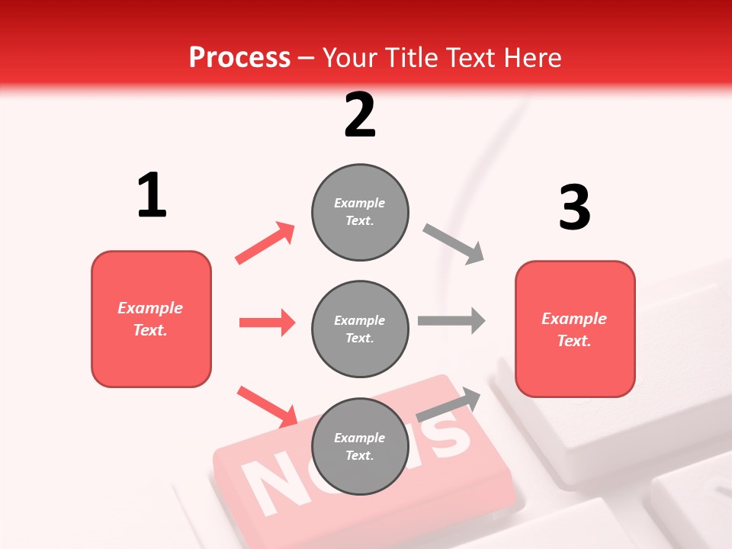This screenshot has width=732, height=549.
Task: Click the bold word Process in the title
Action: pos(239,57)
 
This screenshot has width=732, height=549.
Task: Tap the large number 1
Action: pos(152,195)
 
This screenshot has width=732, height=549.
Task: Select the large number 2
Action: pos(360,115)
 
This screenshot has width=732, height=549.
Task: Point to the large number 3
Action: pos(575,208)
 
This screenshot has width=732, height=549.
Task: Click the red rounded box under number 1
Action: pos(151,319)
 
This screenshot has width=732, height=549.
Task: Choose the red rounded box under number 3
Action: pos(575,329)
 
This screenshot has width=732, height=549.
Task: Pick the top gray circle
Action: pos(360,212)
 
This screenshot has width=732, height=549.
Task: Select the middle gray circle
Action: pos(360,329)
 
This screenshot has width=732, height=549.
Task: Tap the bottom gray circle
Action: pos(360,447)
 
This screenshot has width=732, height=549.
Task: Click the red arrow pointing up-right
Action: pos(265,242)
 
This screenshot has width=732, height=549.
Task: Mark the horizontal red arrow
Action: pos(267,323)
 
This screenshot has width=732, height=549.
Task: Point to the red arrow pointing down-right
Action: pos(267,406)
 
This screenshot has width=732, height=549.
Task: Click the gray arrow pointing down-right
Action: pos(454,244)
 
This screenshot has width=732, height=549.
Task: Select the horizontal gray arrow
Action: pos(451,321)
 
